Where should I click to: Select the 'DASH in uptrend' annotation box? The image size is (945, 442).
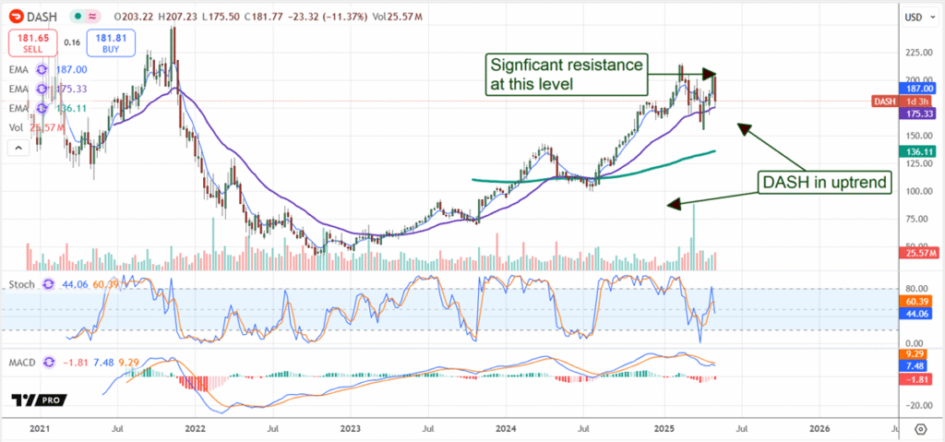pyautogui.click(x=824, y=183)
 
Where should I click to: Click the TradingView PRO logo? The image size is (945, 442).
pyautogui.click(x=41, y=400)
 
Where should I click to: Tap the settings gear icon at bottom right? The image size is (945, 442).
pyautogui.click(x=920, y=428)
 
